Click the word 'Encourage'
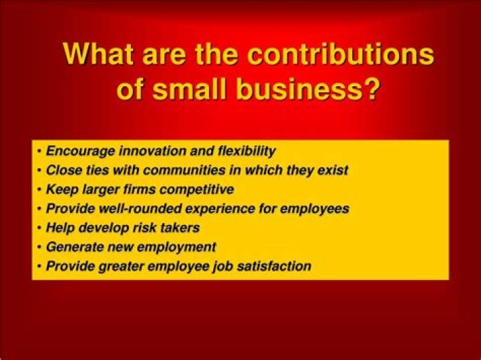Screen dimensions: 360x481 click(x=75, y=151)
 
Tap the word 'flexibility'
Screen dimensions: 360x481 click(x=241, y=151)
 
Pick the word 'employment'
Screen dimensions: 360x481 click(x=181, y=247)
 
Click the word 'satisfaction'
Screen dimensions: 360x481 click(x=277, y=266)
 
